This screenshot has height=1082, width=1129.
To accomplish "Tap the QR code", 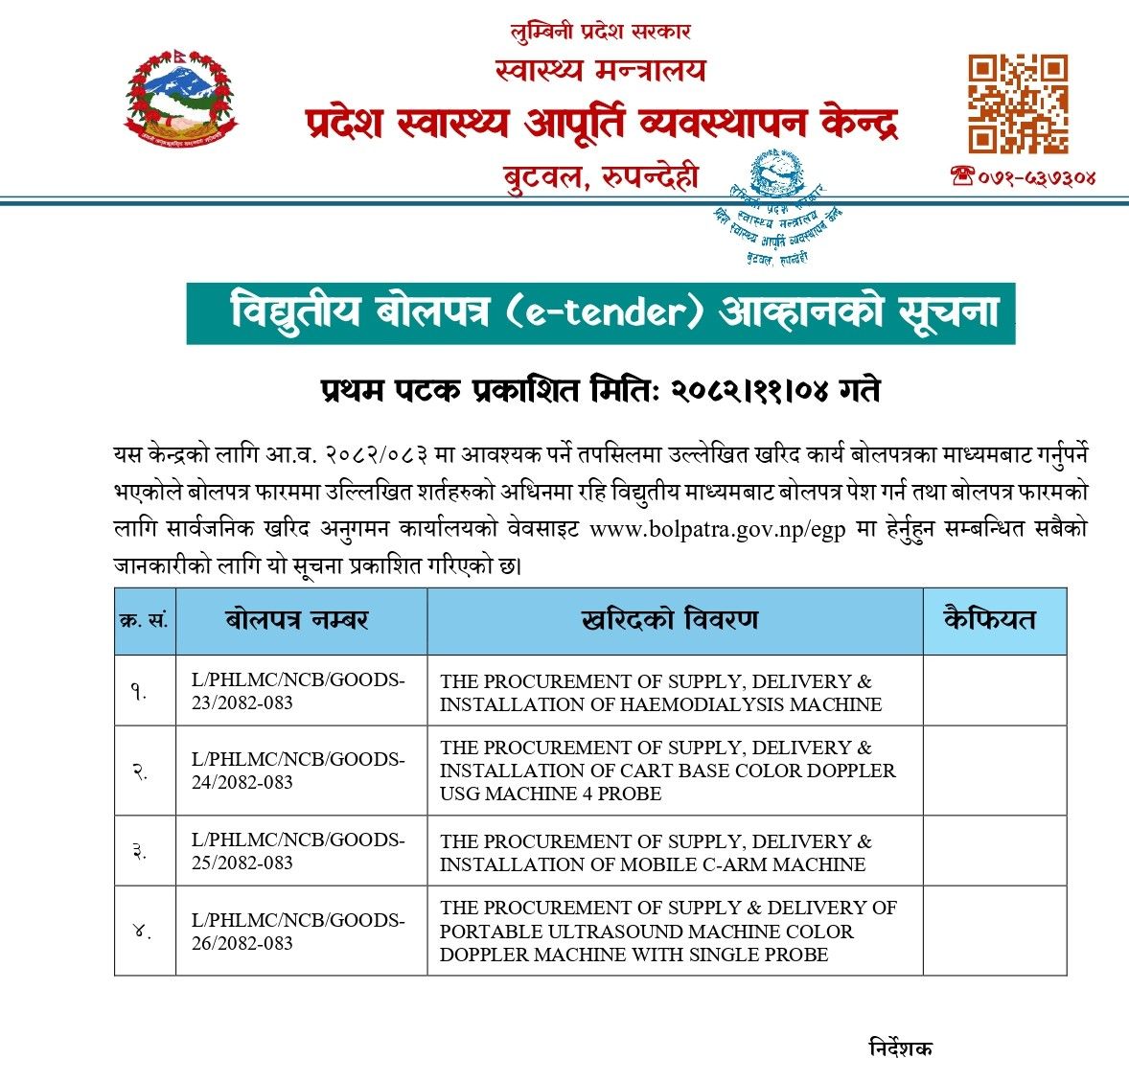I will [x=1017, y=104].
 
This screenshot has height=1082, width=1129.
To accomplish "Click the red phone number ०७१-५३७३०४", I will [x=1023, y=176].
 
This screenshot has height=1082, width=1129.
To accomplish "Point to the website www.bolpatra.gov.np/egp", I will [x=717, y=530].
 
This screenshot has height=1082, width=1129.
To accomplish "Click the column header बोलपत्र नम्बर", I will [x=297, y=620].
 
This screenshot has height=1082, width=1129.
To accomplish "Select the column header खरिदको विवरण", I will [x=670, y=620].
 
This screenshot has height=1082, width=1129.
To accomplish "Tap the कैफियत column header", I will [x=990, y=620].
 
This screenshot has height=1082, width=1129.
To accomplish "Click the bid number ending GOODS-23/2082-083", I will [x=297, y=691].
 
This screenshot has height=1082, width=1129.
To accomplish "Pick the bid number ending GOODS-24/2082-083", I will [x=297, y=771].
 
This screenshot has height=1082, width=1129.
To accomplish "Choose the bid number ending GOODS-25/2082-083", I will [x=297, y=851].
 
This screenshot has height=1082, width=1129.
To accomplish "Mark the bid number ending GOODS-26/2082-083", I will [x=297, y=932].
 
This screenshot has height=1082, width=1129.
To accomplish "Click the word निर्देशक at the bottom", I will [x=900, y=1047].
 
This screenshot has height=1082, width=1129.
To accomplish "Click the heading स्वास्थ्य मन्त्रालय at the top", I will [x=600, y=70].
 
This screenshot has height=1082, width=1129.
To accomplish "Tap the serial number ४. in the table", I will [x=143, y=931].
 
